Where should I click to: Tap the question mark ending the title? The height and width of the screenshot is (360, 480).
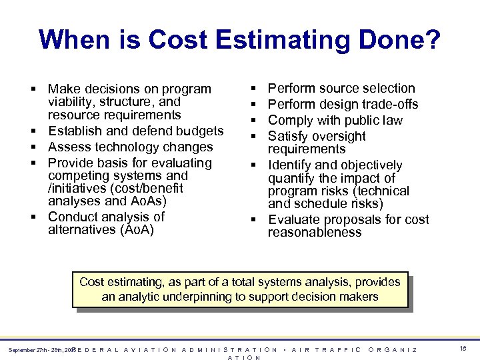coord(432,40)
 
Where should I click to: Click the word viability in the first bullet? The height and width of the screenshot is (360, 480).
coord(74,102)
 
